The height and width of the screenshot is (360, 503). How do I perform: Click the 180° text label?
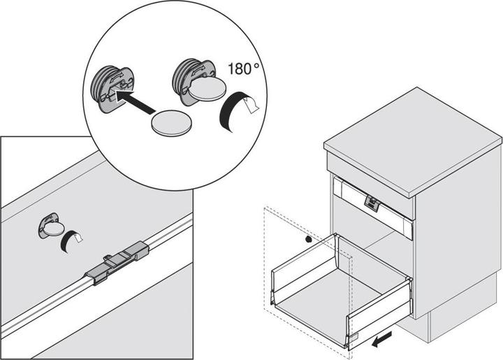click(244, 69)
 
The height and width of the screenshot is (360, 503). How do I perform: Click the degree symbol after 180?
click(256, 65)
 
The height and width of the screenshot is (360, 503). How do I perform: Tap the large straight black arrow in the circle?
click(135, 101)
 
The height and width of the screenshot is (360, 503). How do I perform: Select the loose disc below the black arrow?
click(172, 123)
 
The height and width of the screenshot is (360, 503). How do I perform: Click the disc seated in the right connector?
click(207, 88)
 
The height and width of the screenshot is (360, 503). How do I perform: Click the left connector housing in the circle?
click(113, 87)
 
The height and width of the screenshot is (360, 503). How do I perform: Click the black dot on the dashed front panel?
click(308, 239)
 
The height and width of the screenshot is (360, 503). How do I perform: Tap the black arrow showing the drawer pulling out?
click(381, 340)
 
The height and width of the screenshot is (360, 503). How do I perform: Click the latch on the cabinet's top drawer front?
click(372, 203)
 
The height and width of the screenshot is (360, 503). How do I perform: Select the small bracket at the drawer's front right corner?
click(353, 337)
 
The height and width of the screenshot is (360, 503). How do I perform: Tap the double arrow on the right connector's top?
click(199, 71)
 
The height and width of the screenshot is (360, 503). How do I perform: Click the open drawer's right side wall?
click(379, 308)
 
